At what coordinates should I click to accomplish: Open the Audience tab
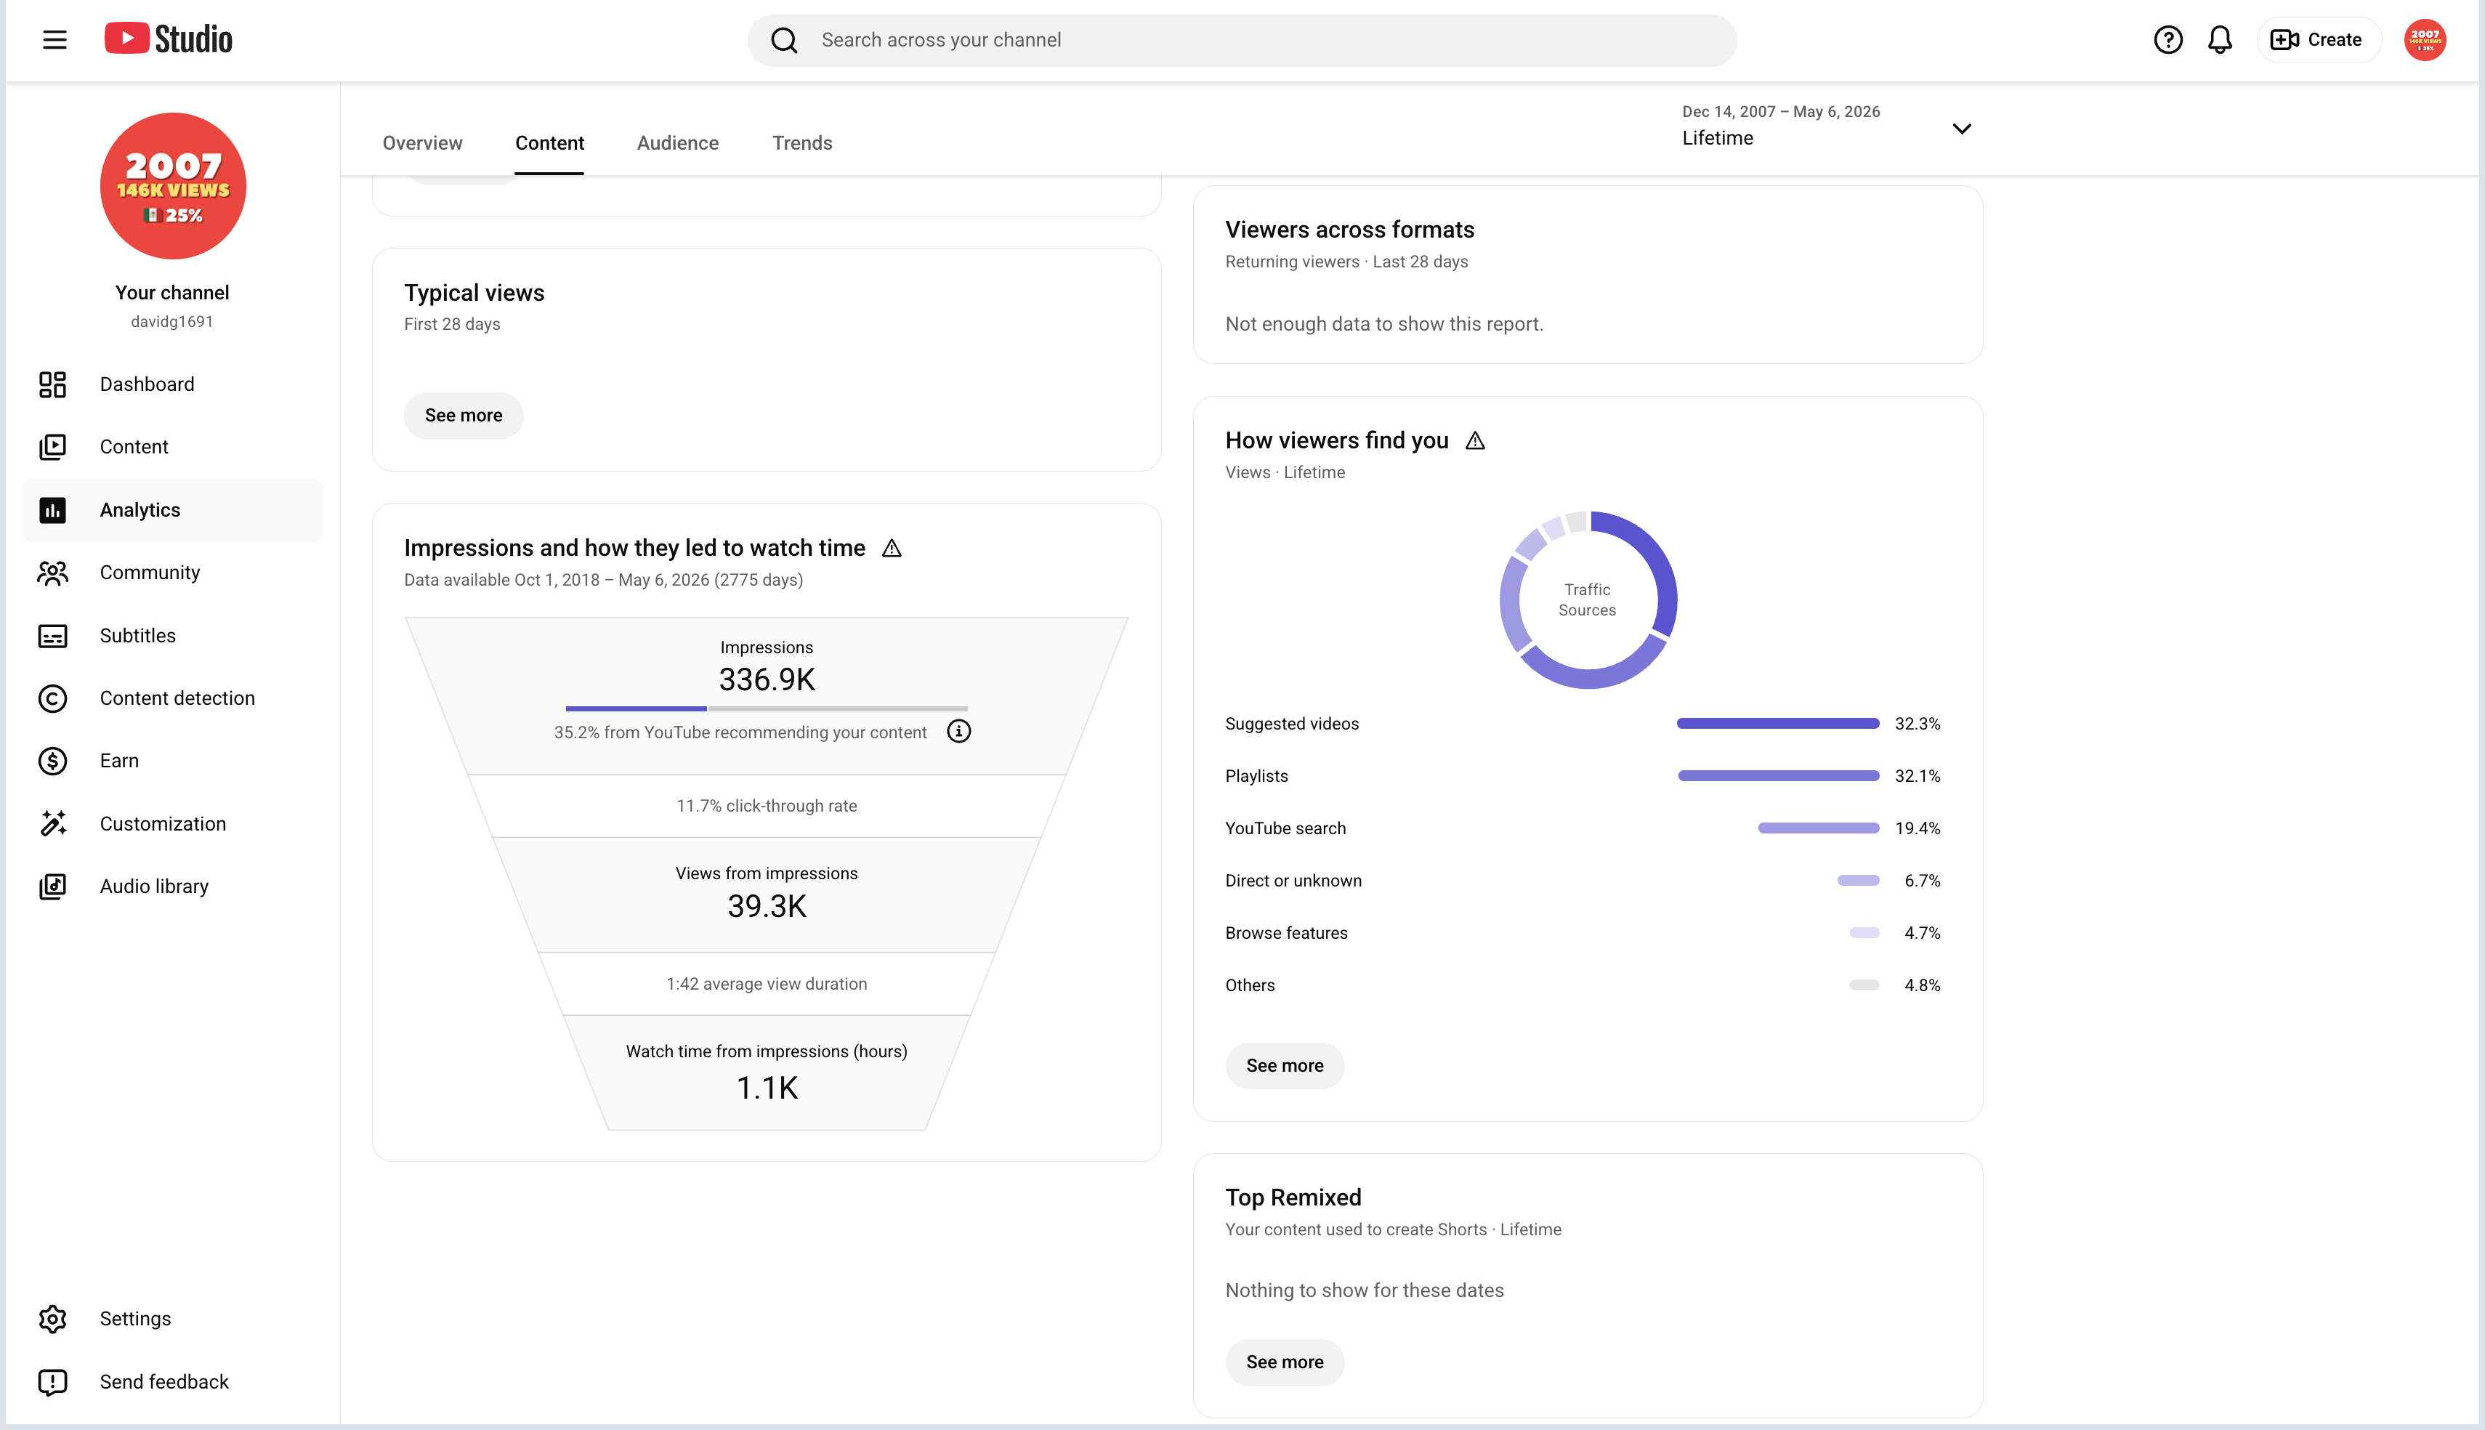(x=677, y=142)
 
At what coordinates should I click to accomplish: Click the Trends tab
(x=802, y=142)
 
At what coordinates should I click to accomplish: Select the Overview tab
(x=422, y=142)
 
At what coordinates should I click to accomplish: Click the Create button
(x=2318, y=40)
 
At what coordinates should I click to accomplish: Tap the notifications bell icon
(x=2220, y=40)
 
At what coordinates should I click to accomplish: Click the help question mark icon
(x=2168, y=40)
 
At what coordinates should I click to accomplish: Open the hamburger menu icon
(x=55, y=40)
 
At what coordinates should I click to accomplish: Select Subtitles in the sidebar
(x=137, y=636)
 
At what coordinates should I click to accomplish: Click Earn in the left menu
(x=119, y=762)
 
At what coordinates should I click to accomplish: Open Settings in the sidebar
(x=135, y=1319)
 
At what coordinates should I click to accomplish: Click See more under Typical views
(x=464, y=416)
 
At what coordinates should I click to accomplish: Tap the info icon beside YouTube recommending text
(x=959, y=732)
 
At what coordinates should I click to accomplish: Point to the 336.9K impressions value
(x=767, y=679)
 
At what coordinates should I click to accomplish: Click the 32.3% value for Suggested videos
(x=1918, y=724)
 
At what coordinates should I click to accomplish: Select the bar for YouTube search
(x=1819, y=828)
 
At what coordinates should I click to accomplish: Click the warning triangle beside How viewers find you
(x=1475, y=441)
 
